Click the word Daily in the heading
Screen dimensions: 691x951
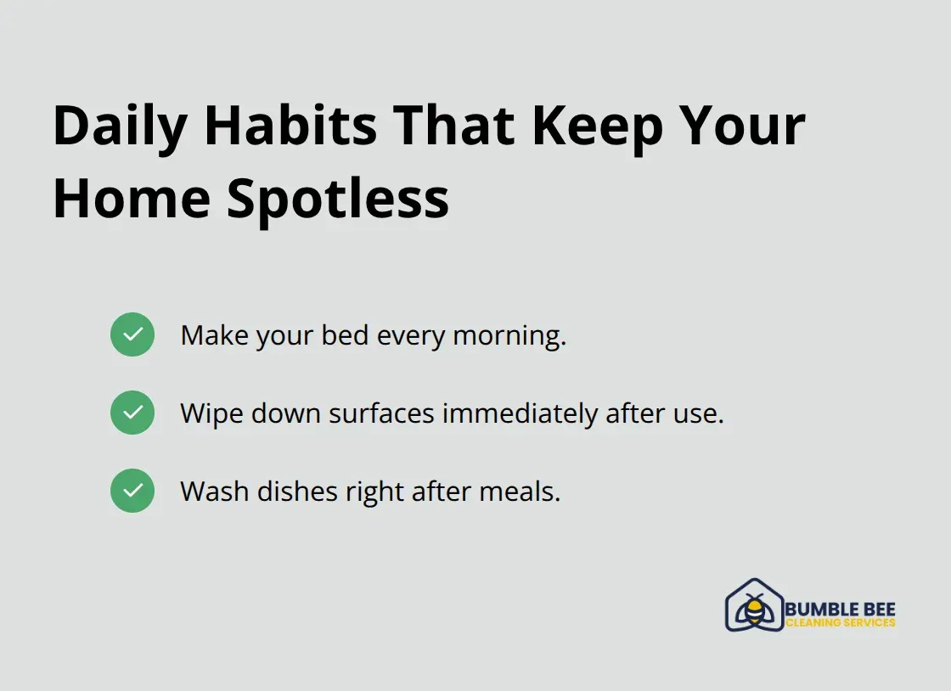[120, 126]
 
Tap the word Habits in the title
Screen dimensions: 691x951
[291, 126]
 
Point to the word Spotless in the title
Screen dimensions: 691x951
[338, 199]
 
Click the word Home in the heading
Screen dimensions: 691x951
[130, 199]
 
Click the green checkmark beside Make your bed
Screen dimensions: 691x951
[132, 334]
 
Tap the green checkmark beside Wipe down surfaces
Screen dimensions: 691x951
[132, 413]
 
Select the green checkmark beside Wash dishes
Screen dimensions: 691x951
[132, 491]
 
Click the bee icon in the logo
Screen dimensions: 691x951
[753, 609]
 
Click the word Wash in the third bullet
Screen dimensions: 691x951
[215, 492]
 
